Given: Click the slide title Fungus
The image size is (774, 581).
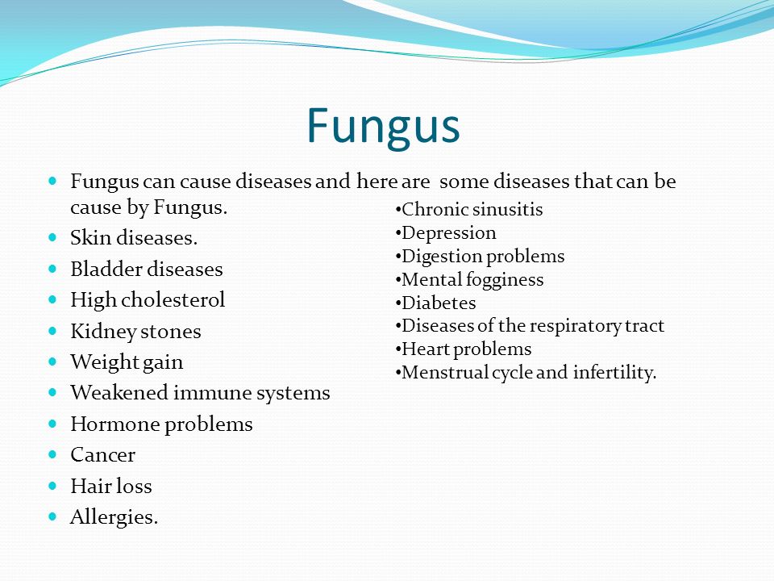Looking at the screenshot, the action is click(x=383, y=127).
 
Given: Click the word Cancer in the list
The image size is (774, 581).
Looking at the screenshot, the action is click(x=102, y=455).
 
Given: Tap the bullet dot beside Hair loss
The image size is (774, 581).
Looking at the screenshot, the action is click(x=53, y=486).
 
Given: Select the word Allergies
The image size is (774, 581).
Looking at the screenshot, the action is click(x=114, y=517).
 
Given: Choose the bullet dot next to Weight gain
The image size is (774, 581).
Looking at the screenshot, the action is click(x=53, y=362).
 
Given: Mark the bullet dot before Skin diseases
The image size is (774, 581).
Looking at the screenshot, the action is click(x=53, y=237).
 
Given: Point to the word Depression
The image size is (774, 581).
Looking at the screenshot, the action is click(x=449, y=233).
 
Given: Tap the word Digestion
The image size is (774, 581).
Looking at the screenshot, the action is click(x=441, y=257).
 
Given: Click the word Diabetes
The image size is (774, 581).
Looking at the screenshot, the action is click(x=439, y=303).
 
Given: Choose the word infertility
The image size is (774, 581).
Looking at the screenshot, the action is click(x=614, y=373).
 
